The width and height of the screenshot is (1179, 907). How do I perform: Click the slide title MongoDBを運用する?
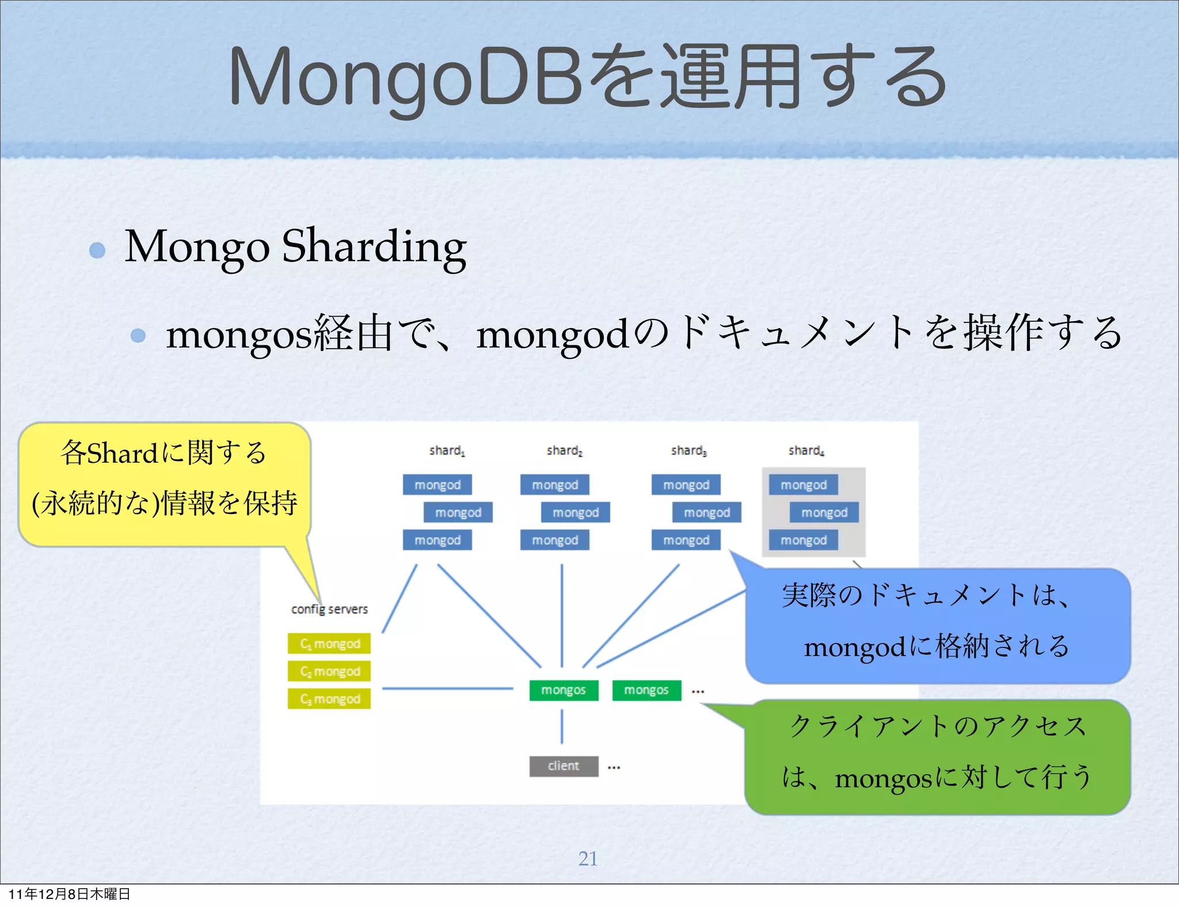tap(587, 78)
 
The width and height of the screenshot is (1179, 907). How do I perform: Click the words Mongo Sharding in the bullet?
tap(295, 246)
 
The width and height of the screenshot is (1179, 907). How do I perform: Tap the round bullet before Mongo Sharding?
tap(97, 250)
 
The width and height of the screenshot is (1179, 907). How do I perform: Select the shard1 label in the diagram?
tap(447, 451)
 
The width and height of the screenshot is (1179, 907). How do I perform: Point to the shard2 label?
tap(564, 451)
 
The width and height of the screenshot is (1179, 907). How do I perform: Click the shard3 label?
tap(689, 451)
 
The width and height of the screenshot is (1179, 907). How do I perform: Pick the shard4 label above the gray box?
tap(806, 451)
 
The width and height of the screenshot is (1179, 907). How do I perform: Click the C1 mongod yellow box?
tap(329, 643)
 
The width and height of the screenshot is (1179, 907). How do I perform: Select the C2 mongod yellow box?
tap(329, 671)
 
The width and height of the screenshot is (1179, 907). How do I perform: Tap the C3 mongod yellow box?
tap(329, 699)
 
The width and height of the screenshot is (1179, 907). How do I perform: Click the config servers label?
tap(329, 609)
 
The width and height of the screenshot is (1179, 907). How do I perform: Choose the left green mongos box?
tap(564, 690)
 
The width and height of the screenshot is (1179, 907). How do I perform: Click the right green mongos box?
tap(646, 690)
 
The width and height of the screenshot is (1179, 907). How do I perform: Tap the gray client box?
tap(564, 766)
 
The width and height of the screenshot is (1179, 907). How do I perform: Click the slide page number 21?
tap(588, 858)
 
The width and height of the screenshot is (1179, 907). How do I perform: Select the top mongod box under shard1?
tap(438, 485)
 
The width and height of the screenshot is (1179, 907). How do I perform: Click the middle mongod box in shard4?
tap(824, 512)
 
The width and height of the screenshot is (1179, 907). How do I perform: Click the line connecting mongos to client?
tap(562, 726)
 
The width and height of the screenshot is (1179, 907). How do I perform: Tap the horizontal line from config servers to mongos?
tap(447, 688)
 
